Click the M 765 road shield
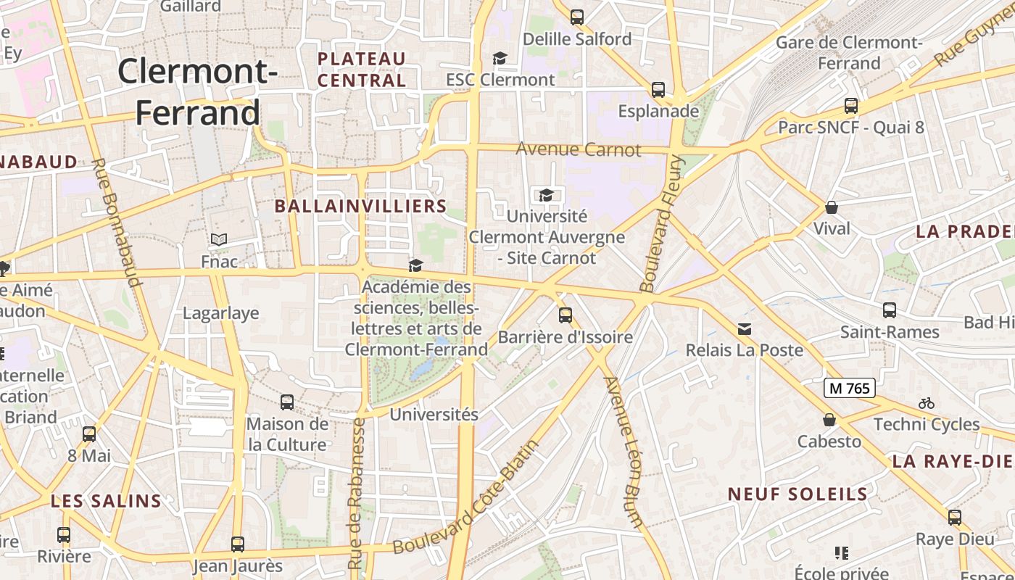click(850, 388)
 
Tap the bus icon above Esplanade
click(658, 90)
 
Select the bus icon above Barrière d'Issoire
click(565, 315)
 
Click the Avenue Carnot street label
click(579, 150)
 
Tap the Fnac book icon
click(219, 239)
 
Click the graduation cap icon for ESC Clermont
click(500, 58)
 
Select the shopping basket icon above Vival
click(832, 207)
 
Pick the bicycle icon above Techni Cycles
click(926, 403)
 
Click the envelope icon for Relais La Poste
click(745, 329)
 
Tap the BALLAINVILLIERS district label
click(361, 206)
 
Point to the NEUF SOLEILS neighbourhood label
click(797, 494)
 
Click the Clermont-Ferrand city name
click(197, 92)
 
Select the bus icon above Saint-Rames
click(890, 310)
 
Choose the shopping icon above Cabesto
click(829, 420)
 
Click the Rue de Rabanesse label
click(356, 493)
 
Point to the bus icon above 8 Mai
click(89, 434)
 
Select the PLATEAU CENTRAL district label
click(362, 69)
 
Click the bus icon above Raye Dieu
click(955, 518)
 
